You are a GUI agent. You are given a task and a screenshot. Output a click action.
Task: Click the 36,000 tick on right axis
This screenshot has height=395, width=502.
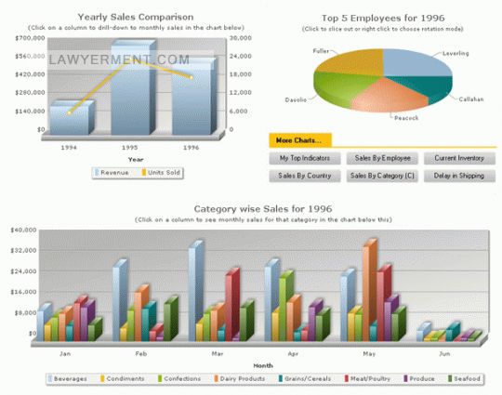239,38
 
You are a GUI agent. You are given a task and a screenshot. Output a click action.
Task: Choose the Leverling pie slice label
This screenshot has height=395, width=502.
456,53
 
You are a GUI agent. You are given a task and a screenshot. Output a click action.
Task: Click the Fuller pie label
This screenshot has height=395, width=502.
321,50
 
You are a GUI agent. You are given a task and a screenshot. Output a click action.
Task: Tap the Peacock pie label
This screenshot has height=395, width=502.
406,117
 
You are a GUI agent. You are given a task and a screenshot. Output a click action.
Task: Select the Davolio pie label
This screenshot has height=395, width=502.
296,99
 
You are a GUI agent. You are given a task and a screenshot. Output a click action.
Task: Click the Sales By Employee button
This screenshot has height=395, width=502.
383,159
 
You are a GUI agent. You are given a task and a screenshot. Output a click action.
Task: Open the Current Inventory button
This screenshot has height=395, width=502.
459,159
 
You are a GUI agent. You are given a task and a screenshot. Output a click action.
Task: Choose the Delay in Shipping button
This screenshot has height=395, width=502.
459,175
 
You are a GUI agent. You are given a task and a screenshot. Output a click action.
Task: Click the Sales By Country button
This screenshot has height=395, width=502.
305,175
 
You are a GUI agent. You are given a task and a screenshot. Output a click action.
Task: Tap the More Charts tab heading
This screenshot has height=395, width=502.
299,140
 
